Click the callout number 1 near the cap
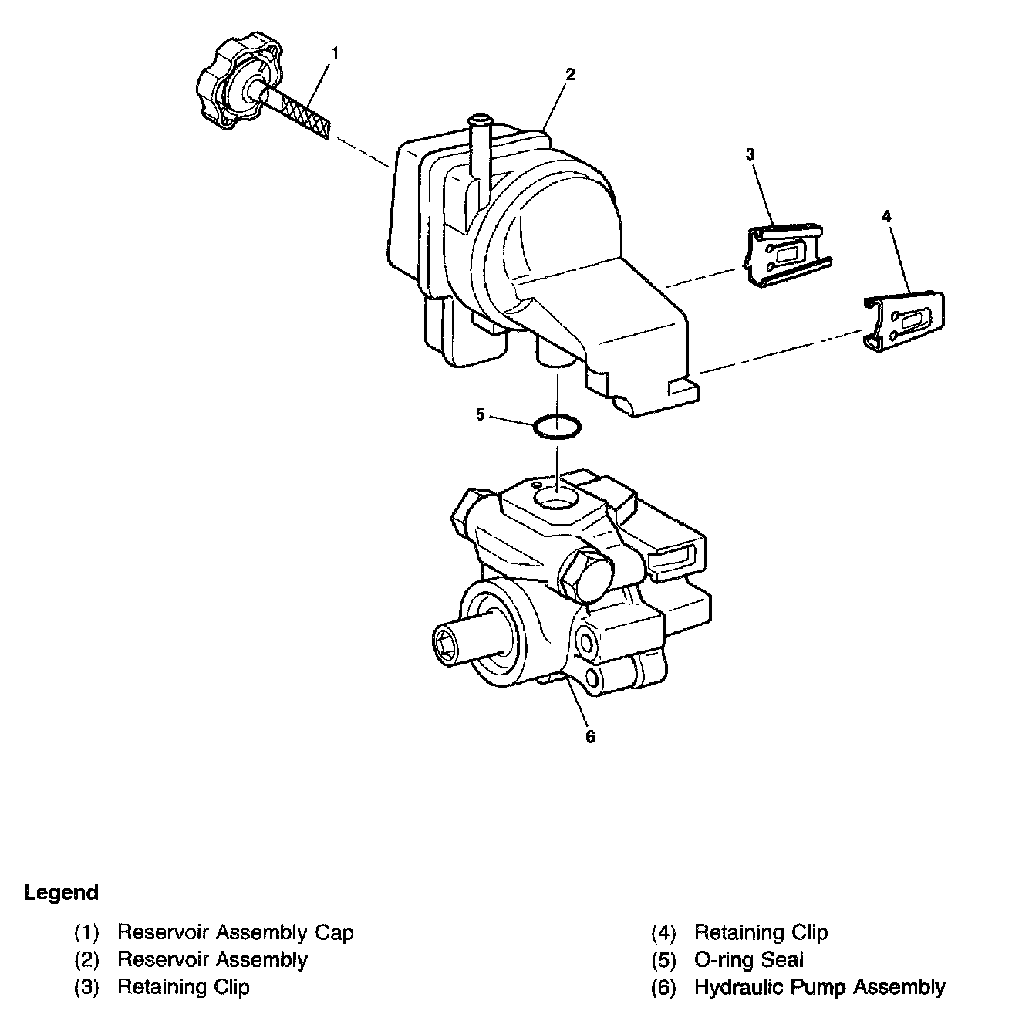pyautogui.click(x=335, y=52)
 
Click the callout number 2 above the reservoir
pyautogui.click(x=569, y=75)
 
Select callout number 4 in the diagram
pyautogui.click(x=886, y=217)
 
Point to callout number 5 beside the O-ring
pyautogui.click(x=481, y=415)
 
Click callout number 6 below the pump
pyautogui.click(x=590, y=737)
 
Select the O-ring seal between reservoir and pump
pyautogui.click(x=557, y=427)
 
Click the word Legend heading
pyautogui.click(x=61, y=894)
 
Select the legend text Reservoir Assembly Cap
pyautogui.click(x=235, y=932)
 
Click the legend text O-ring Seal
pyautogui.click(x=749, y=960)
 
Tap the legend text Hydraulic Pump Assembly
pyautogui.click(x=819, y=987)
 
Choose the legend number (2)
pyautogui.click(x=87, y=960)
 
